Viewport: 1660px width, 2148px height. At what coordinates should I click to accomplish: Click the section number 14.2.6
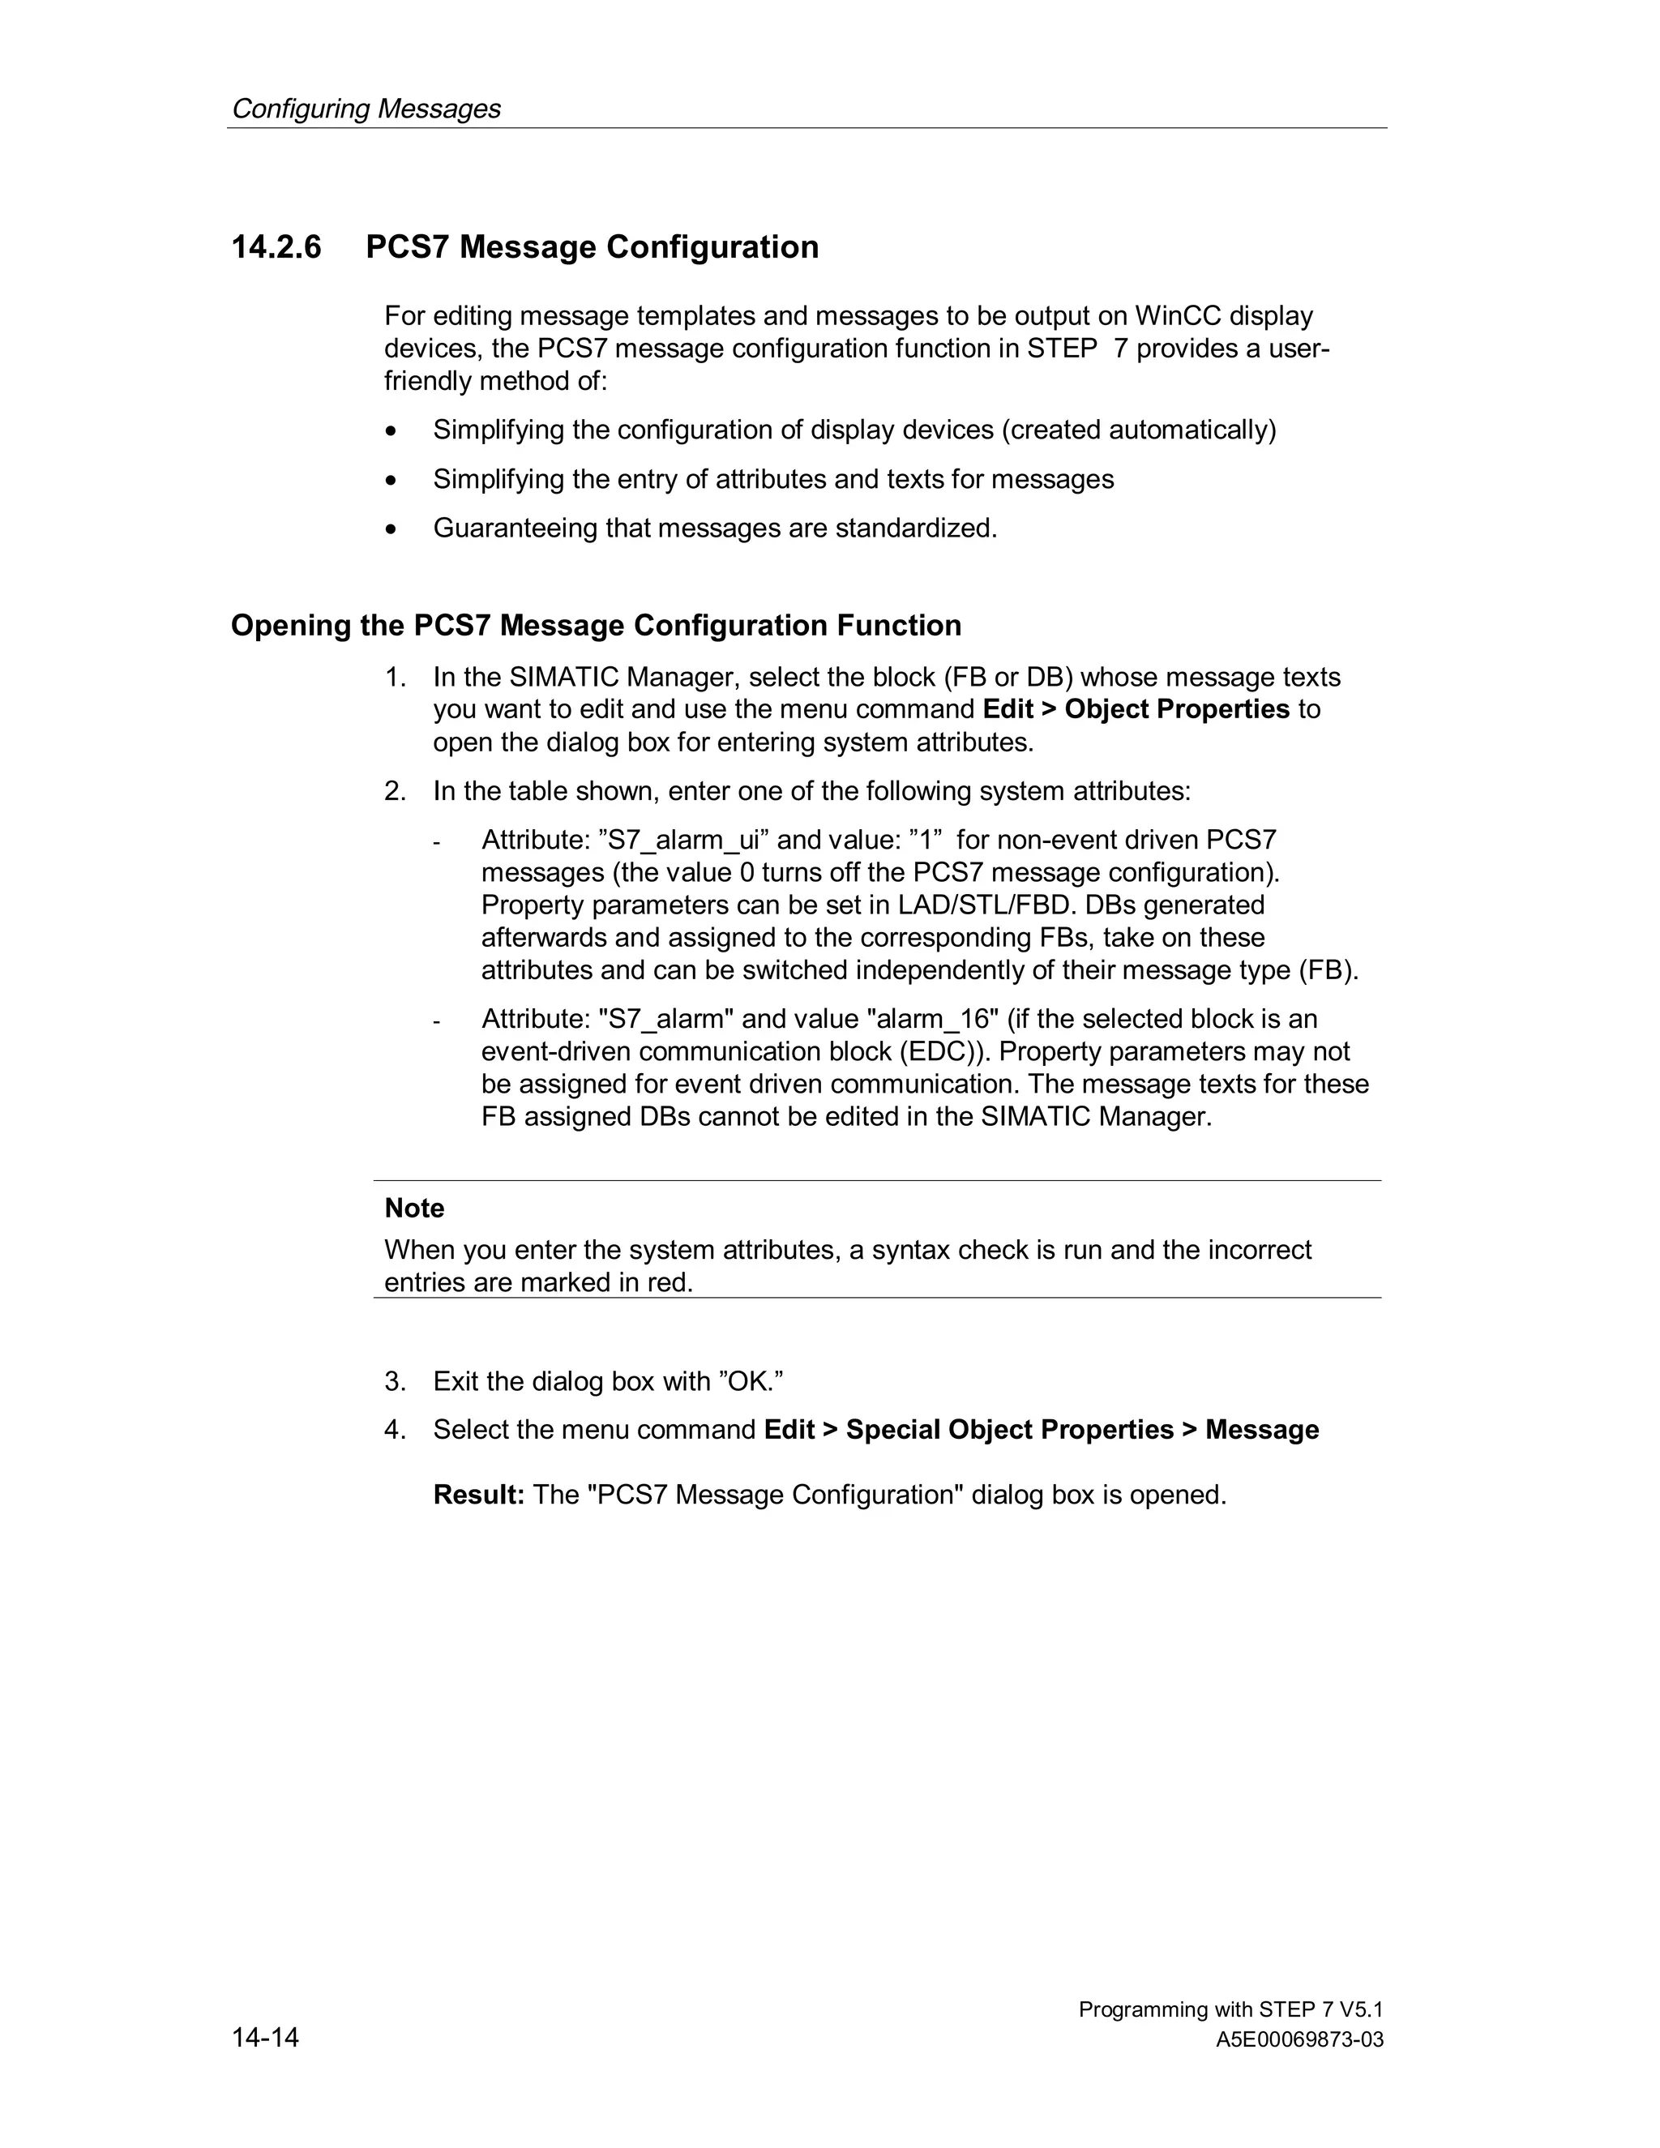(276, 247)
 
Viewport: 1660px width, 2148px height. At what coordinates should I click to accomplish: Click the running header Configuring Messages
(366, 108)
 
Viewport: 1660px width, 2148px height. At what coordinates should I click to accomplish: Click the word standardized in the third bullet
(914, 529)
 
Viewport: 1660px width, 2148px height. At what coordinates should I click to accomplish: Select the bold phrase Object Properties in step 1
(1176, 709)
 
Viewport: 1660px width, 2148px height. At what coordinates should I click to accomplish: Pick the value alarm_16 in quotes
(937, 1019)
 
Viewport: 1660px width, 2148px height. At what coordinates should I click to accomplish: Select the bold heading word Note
(414, 1208)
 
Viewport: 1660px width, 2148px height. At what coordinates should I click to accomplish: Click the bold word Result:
(479, 1495)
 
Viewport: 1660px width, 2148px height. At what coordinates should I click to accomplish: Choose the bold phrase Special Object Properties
(1009, 1430)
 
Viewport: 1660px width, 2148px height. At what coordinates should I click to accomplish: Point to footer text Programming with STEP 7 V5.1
(1230, 2009)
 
